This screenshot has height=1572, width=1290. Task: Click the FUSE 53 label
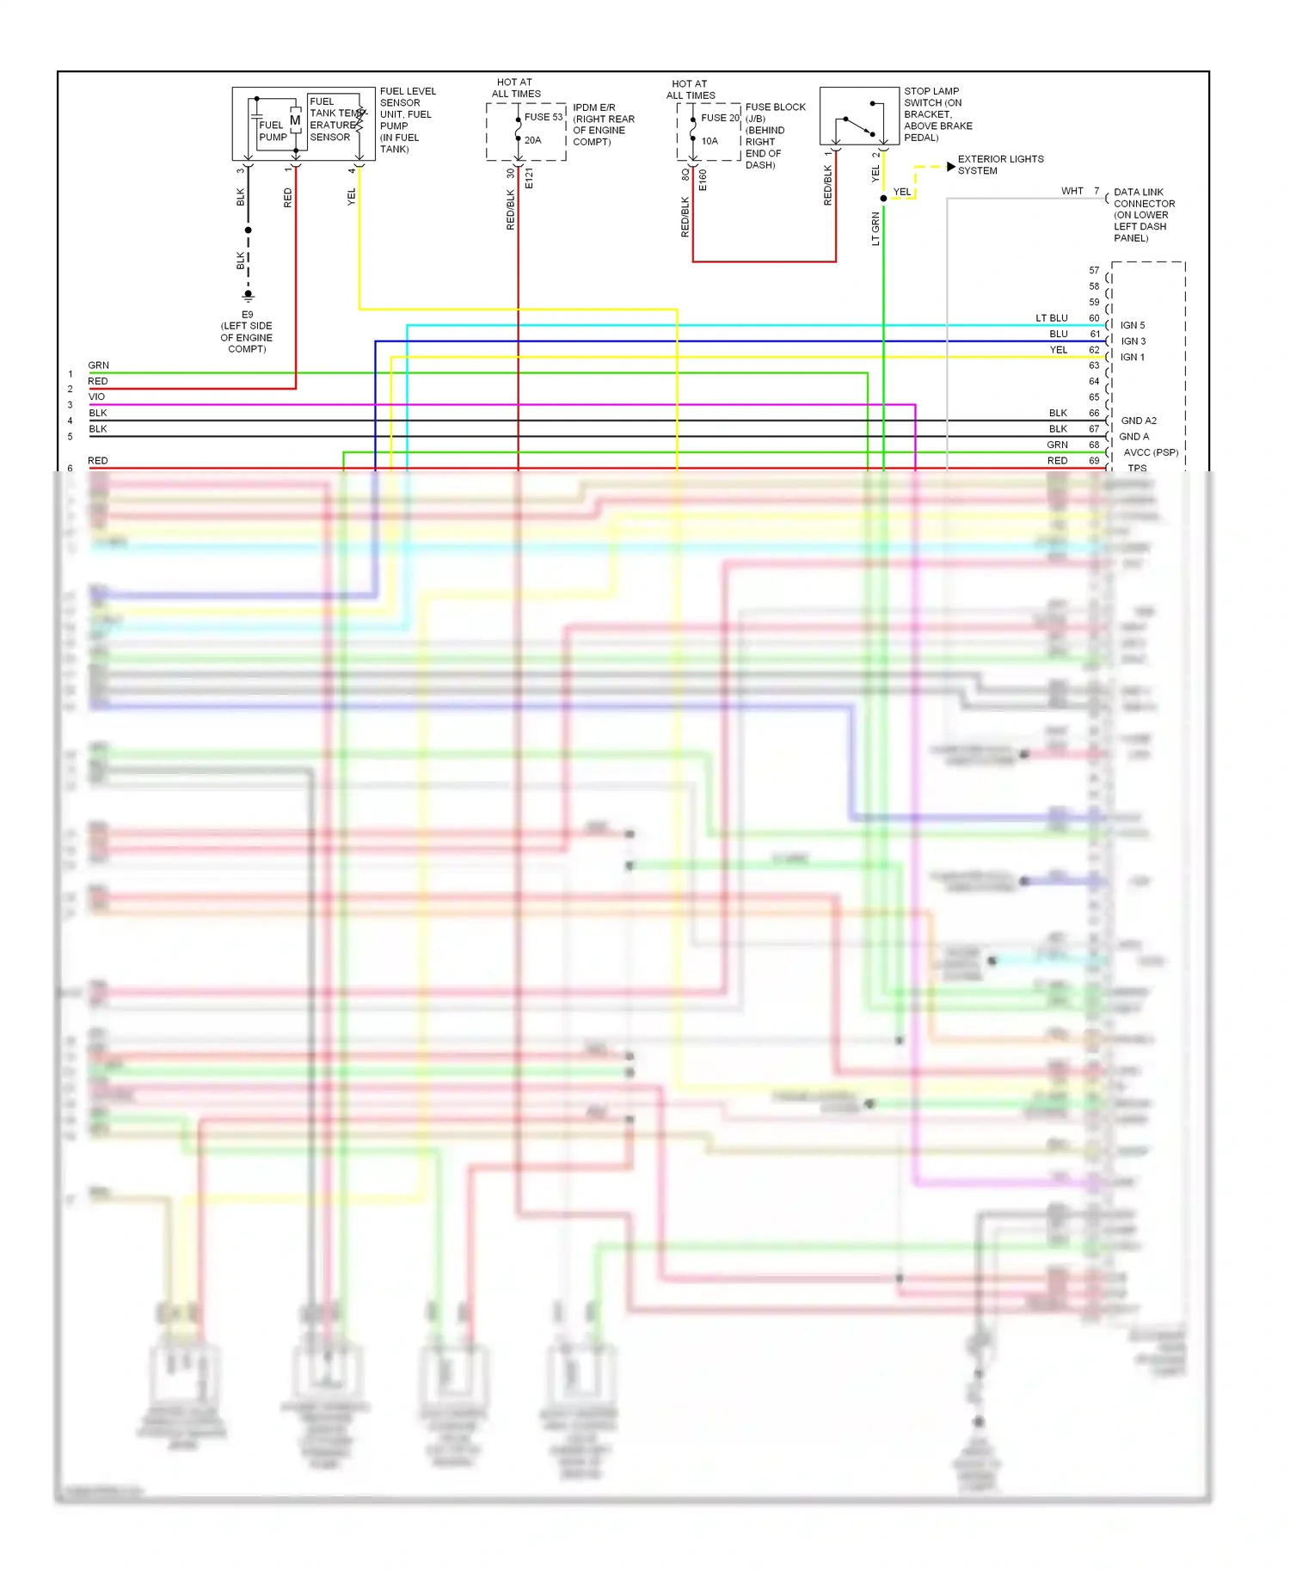click(x=543, y=117)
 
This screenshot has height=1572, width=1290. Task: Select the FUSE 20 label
click(x=719, y=118)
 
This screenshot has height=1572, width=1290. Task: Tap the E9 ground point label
click(x=247, y=315)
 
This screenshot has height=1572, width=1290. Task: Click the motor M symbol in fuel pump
click(x=295, y=121)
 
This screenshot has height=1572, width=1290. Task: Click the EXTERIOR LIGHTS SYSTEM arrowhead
click(x=950, y=166)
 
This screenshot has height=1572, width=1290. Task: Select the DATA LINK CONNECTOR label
click(x=1143, y=215)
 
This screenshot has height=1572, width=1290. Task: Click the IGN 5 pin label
click(x=1133, y=325)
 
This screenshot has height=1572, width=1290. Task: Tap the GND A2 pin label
click(x=1139, y=421)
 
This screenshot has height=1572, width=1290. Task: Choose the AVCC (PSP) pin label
click(x=1151, y=452)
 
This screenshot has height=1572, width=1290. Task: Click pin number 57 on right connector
click(x=1094, y=270)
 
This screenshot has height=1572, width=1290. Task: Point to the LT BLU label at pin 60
click(x=1051, y=318)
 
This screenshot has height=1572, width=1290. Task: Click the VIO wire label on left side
click(x=96, y=396)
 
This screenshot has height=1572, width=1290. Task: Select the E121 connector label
click(x=530, y=179)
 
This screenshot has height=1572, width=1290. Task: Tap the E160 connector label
click(x=703, y=180)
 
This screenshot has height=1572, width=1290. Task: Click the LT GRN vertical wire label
click(x=875, y=229)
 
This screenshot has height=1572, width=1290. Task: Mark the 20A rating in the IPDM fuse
click(x=532, y=140)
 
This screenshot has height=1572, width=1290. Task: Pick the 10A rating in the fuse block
click(x=709, y=141)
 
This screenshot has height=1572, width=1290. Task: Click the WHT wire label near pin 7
click(x=1072, y=191)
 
